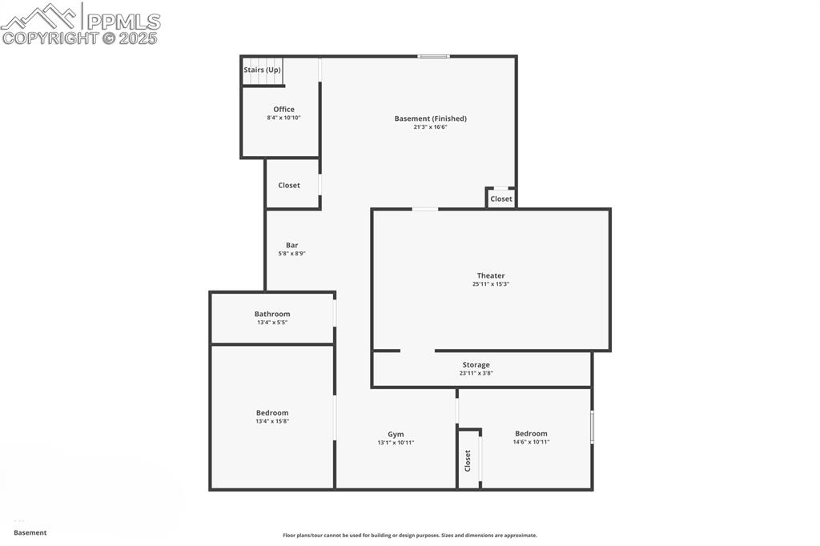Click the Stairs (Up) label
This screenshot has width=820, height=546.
[x=262, y=70]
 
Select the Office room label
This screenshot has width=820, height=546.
[x=283, y=110]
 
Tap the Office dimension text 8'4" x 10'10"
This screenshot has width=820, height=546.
[x=283, y=118]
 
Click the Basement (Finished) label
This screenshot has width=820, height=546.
[x=430, y=118]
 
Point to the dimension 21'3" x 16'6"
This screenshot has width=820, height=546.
[x=430, y=126]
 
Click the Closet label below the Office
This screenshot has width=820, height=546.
[x=289, y=185]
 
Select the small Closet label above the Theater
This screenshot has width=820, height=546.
[x=501, y=199]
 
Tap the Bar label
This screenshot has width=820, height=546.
[x=292, y=245]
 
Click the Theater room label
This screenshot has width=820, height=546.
[x=491, y=275]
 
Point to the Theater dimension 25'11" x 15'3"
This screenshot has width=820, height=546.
[x=491, y=284]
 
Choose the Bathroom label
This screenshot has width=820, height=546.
[x=272, y=314]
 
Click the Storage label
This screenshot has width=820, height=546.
[x=476, y=364]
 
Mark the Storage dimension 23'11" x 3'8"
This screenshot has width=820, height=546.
[x=476, y=373]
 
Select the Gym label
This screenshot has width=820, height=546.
[x=396, y=434]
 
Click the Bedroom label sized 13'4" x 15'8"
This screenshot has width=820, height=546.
[x=272, y=412]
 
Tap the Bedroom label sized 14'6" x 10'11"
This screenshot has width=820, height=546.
[x=531, y=433]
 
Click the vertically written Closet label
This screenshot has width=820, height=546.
[x=468, y=460]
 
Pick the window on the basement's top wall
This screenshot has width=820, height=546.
[x=433, y=56]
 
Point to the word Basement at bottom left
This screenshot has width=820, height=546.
[x=30, y=532]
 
